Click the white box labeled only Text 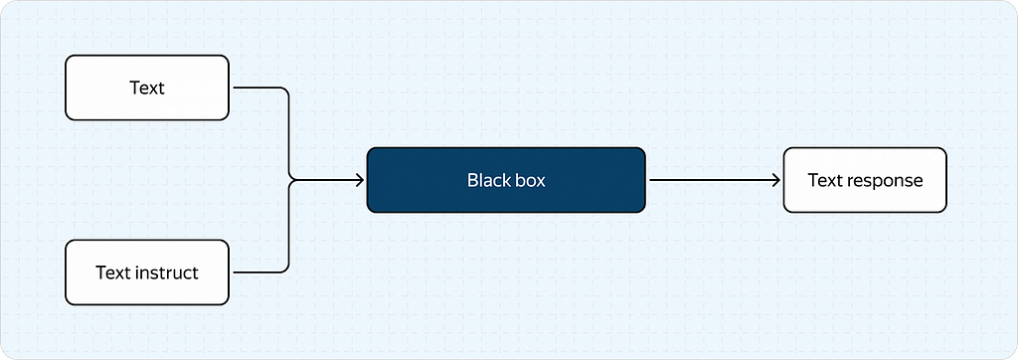point(147,88)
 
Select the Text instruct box point(147,272)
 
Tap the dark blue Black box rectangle point(506,180)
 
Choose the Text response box point(865,180)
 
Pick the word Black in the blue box point(486,180)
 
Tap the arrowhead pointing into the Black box point(359,180)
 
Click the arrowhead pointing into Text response point(775,180)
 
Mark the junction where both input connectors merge point(289,180)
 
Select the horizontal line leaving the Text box point(255,88)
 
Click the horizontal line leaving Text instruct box point(255,272)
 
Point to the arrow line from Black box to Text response point(714,180)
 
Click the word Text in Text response point(824,180)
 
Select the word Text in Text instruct point(113,272)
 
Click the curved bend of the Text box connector point(283,91)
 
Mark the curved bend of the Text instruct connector point(283,268)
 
